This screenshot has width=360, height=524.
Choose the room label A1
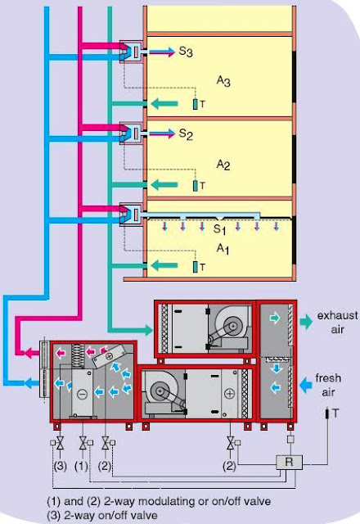223,249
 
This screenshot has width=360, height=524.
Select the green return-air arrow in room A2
169,185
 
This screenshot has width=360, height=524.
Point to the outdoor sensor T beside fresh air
335,415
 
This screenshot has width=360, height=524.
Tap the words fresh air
329,384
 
